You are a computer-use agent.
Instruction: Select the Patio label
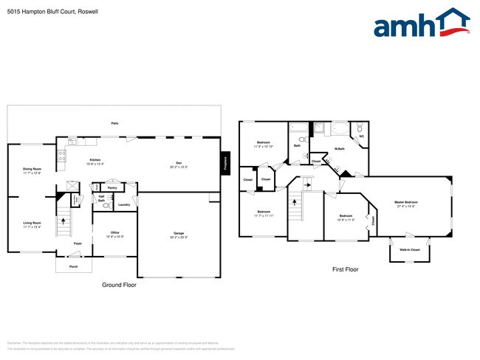tap(114, 123)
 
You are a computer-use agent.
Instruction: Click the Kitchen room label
tap(95, 161)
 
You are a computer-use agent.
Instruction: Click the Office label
tap(115, 233)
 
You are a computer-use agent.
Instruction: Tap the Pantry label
tap(112, 188)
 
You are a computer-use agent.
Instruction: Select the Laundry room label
tap(124, 204)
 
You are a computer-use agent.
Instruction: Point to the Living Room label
tap(32, 223)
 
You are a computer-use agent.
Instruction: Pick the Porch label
tap(73, 266)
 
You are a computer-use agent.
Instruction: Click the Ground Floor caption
tap(119, 285)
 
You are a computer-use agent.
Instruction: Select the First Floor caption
tap(345, 270)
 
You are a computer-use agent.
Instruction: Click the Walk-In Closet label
tap(411, 250)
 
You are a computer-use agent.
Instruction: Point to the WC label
tap(361, 136)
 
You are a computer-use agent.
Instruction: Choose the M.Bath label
tap(340, 150)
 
